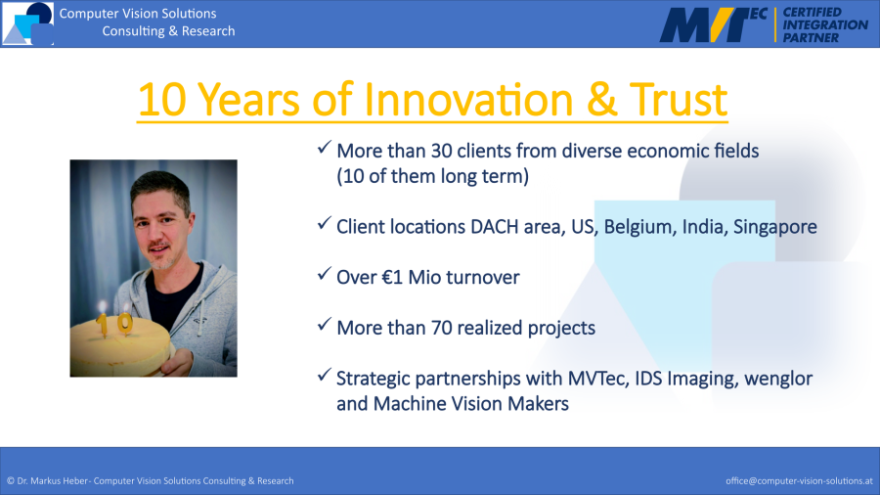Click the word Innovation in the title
(x=468, y=100)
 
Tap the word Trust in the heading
(x=678, y=100)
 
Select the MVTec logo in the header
(x=713, y=24)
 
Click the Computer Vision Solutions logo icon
(x=27, y=23)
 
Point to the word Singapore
(x=775, y=227)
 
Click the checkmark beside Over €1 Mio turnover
(x=324, y=274)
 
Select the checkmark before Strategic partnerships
(x=324, y=375)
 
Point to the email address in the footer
(x=799, y=481)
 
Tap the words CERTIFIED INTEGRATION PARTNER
(x=825, y=24)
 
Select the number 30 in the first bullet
(x=442, y=151)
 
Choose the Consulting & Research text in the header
(x=168, y=31)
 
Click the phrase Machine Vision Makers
(x=470, y=404)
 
